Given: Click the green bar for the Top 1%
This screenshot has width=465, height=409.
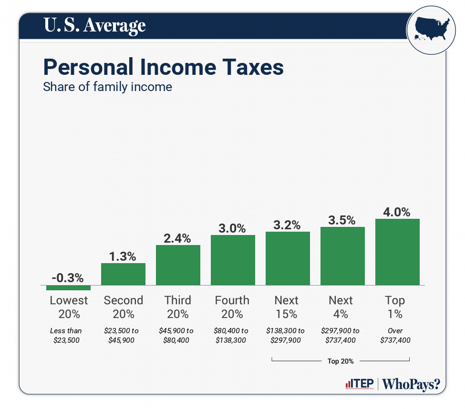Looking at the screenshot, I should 397,252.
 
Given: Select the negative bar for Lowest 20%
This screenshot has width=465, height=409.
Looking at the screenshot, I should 68,287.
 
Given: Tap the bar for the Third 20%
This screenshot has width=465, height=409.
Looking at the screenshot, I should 178,265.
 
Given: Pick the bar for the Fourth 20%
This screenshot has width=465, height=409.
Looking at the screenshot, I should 233,260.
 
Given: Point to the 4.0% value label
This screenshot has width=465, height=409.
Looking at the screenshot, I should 397,212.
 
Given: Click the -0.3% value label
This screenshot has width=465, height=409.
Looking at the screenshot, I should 68,277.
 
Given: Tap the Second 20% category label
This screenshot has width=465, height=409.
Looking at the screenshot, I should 123,307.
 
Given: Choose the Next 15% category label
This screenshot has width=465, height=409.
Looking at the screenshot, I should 287,307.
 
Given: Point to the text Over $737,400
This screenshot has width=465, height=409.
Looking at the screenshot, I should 395,335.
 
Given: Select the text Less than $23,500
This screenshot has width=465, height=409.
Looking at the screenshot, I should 66,335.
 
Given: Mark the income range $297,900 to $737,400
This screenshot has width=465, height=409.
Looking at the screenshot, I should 341,335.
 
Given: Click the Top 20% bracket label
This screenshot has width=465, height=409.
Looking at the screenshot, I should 341,361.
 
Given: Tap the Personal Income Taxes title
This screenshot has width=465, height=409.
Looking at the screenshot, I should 163,67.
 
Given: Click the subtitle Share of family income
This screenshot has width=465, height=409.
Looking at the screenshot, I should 107,87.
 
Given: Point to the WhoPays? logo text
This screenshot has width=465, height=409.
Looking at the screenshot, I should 411,384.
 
